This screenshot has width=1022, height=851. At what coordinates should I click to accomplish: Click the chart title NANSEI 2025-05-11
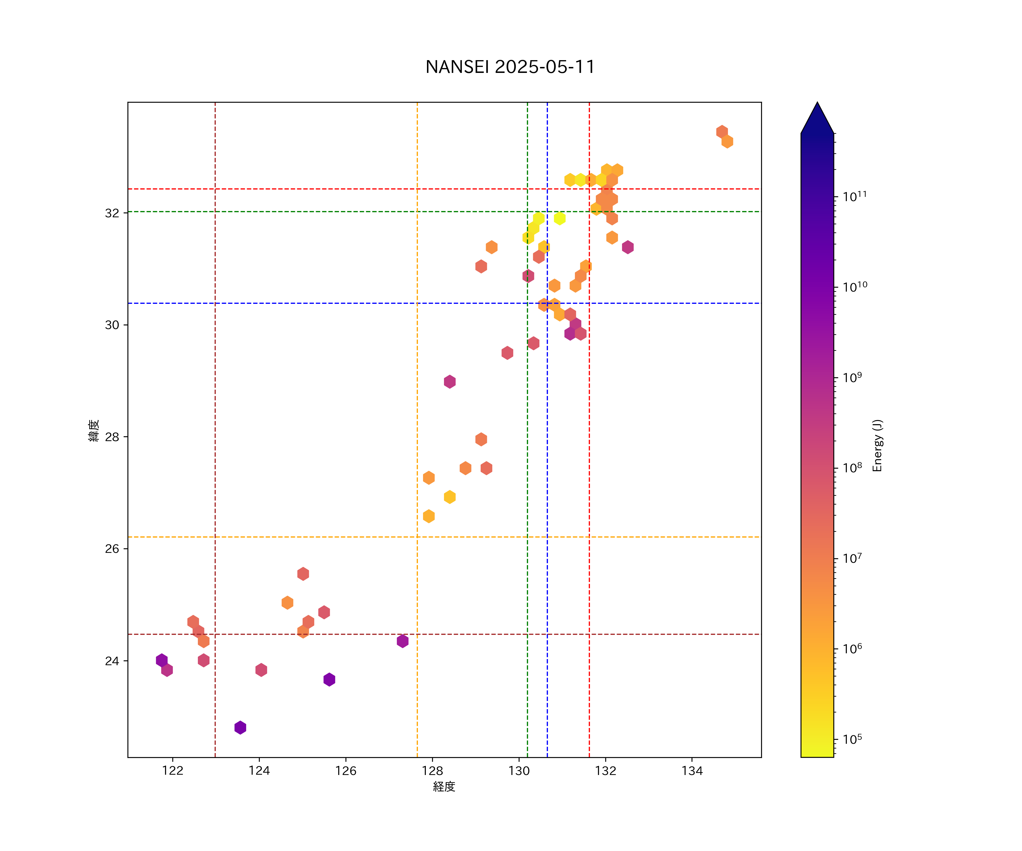[x=510, y=67]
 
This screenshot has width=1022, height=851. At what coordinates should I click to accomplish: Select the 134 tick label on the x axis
[x=692, y=771]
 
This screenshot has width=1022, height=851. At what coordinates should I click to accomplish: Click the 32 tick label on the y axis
[x=112, y=213]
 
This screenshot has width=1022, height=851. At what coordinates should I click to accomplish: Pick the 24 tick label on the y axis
[x=112, y=661]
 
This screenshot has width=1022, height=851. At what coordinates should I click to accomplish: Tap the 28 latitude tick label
[x=112, y=437]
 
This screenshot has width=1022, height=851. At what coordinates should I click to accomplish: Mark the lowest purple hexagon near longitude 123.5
[x=240, y=728]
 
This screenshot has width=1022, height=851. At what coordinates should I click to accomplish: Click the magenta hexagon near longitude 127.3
[x=403, y=641]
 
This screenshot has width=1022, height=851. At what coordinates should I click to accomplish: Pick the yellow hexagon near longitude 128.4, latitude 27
[x=450, y=497]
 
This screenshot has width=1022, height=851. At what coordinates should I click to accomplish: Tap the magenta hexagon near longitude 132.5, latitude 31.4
[x=628, y=247]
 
